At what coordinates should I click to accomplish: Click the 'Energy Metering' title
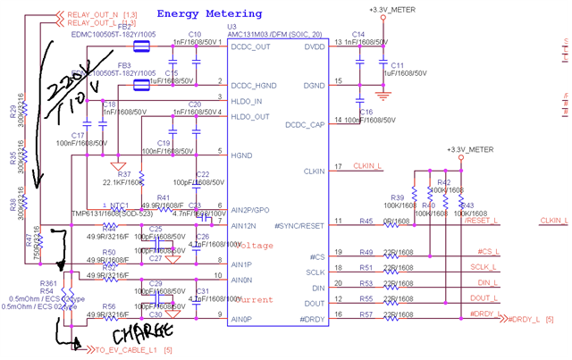[x=209, y=14]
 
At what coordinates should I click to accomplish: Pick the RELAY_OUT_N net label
[x=84, y=14]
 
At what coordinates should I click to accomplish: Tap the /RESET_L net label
[x=484, y=220]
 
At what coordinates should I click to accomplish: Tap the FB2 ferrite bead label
[x=126, y=27]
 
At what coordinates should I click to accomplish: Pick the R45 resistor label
[x=366, y=220]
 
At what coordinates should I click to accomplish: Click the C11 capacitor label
[x=398, y=65]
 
